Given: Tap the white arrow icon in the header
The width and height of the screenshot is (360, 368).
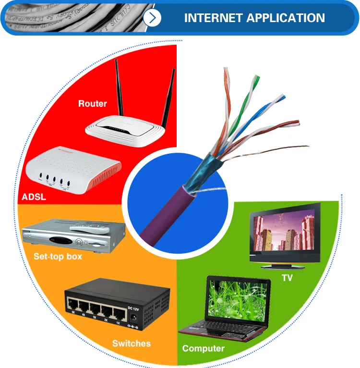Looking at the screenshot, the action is (153, 18).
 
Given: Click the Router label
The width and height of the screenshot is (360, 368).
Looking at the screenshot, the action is (93, 103).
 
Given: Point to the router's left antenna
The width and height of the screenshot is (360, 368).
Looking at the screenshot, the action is (118, 91).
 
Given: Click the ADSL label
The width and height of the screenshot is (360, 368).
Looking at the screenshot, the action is (34, 197).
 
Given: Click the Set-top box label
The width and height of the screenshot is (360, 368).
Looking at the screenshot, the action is (58, 256).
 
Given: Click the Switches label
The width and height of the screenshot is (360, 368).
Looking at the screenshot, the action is (131, 343).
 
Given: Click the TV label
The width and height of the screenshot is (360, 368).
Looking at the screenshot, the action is (287, 278).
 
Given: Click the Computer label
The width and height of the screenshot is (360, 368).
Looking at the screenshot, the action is (203, 348).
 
